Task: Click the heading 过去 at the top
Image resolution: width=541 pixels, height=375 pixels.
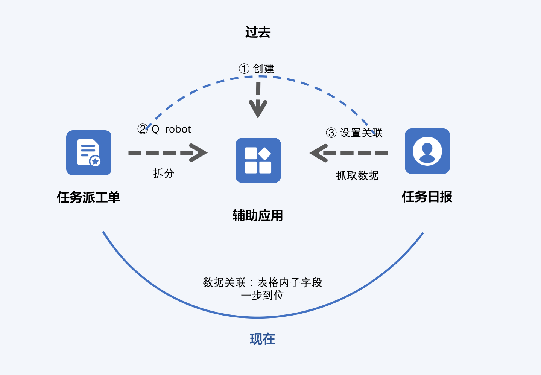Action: tap(258, 32)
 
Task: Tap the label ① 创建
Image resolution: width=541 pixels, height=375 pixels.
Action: tap(257, 69)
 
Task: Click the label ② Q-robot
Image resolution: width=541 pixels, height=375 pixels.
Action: tap(164, 129)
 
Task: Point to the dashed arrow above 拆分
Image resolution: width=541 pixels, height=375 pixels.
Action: tap(167, 152)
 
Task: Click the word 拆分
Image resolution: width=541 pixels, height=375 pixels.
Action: tap(164, 173)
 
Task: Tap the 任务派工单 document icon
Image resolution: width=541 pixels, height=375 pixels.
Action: tap(89, 153)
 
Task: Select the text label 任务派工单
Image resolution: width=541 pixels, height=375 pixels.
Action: tap(88, 197)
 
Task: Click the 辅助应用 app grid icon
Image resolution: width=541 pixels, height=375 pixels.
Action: tap(258, 160)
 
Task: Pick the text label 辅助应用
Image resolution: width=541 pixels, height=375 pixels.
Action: tap(258, 216)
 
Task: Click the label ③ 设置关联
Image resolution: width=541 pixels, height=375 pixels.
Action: tap(354, 133)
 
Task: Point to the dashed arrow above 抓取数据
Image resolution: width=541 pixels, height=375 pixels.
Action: tap(349, 153)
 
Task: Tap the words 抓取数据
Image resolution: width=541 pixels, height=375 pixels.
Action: tap(357, 175)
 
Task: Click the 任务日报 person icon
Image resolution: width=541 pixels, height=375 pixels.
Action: tap(427, 151)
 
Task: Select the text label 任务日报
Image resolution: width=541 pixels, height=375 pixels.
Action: tap(427, 197)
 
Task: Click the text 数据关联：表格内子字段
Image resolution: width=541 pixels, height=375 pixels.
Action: tap(262, 282)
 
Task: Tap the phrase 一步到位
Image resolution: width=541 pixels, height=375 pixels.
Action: tap(262, 295)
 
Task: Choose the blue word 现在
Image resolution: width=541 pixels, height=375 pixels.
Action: tap(263, 339)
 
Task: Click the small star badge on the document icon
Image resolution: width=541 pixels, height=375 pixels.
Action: tap(96, 161)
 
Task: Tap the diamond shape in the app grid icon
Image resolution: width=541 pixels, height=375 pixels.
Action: tap(265, 154)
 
